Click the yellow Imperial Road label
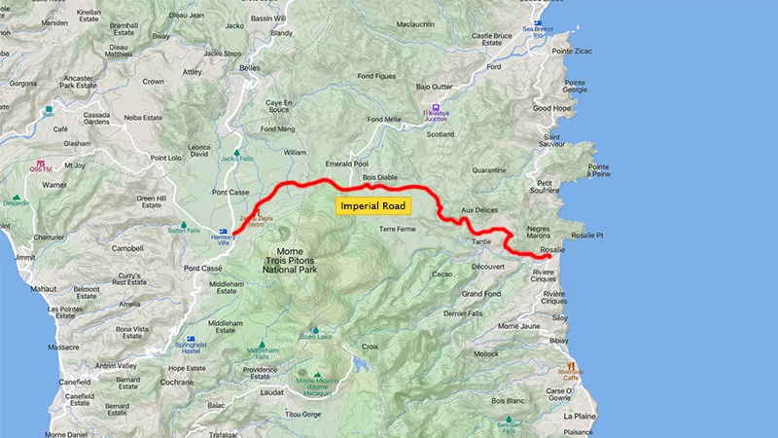click(x=373, y=206)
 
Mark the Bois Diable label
click(x=380, y=178)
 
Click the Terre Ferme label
click(x=397, y=229)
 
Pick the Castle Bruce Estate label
click(x=491, y=40)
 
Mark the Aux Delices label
click(x=478, y=210)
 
